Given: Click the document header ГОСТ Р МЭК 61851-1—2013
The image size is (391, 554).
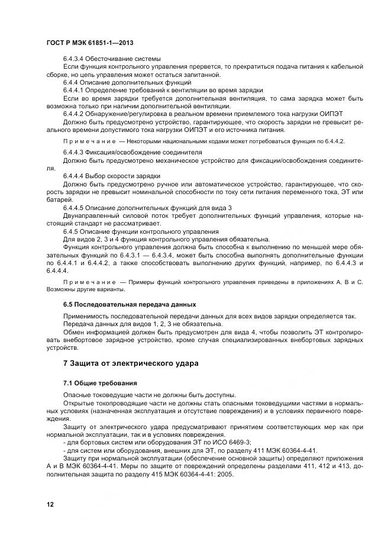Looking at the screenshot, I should [x=84, y=43].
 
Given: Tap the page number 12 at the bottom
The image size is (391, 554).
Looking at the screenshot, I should [x=50, y=504].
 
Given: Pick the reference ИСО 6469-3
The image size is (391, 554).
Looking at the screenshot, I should [x=231, y=442].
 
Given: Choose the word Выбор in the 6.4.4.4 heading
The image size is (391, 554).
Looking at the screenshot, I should [x=97, y=176].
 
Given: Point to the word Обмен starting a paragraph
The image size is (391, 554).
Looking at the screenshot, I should [x=74, y=331].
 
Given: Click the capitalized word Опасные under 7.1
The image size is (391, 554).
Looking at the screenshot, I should [x=79, y=395].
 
